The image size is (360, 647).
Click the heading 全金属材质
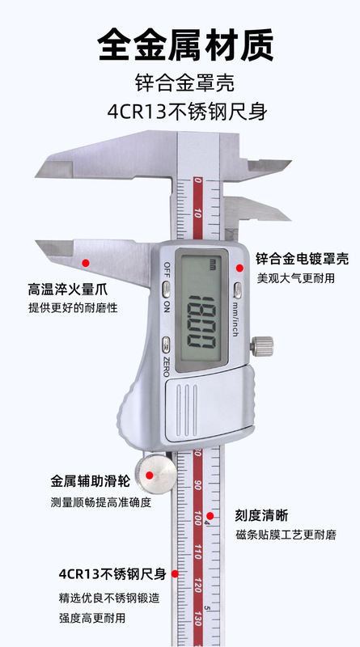click(x=185, y=44)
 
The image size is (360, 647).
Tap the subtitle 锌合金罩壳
click(x=184, y=83)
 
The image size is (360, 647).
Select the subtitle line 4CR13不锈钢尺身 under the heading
click(x=187, y=112)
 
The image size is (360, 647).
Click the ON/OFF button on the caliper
click(x=166, y=290)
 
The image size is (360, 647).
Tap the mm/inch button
click(x=238, y=290)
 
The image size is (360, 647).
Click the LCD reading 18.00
click(x=201, y=322)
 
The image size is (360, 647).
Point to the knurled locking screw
click(x=262, y=346)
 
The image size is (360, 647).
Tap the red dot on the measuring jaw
click(x=86, y=262)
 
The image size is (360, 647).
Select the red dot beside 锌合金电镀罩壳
click(x=239, y=268)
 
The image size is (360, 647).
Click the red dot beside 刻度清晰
click(x=210, y=516)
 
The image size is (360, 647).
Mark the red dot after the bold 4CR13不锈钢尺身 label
click(x=175, y=573)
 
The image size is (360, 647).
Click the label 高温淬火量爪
click(x=68, y=290)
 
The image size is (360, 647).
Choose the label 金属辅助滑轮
click(x=91, y=480)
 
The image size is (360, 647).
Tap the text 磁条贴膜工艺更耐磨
click(x=286, y=535)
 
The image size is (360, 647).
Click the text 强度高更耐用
click(x=91, y=618)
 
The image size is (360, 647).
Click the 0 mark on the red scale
click(x=198, y=180)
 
